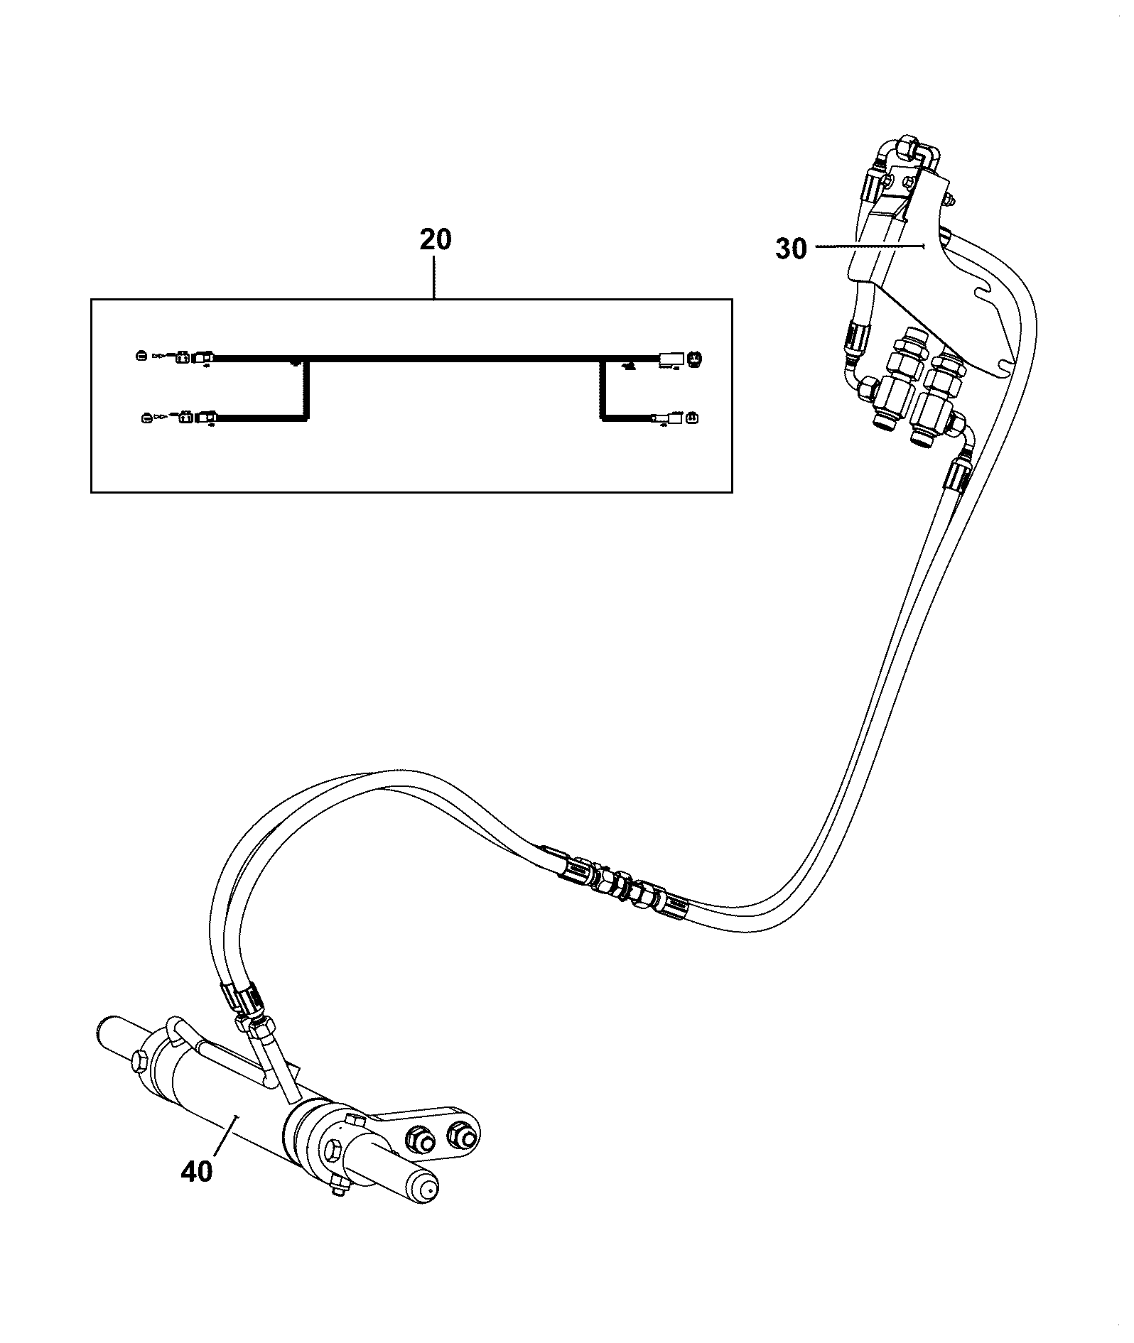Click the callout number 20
tap(435, 240)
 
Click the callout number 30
tap(791, 249)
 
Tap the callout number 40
tap(197, 1171)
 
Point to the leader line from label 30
tap(868, 246)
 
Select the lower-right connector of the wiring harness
tap(674, 418)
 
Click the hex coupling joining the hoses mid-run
tap(625, 886)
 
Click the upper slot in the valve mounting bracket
tap(992, 292)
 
